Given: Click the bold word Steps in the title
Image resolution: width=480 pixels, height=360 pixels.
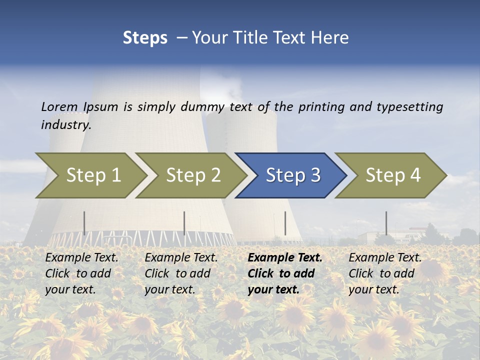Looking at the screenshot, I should [145, 38].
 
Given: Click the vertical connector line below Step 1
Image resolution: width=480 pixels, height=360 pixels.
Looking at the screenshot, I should [84, 223].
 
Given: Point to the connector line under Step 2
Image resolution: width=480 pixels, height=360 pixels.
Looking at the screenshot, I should [184, 223].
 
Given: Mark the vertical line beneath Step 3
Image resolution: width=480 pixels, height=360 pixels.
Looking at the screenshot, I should [285, 223].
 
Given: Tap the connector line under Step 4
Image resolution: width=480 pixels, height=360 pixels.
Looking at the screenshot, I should [386, 223].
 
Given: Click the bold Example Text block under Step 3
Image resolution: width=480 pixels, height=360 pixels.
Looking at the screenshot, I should [285, 273].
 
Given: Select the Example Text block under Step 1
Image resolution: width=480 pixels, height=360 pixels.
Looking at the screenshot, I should [82, 273].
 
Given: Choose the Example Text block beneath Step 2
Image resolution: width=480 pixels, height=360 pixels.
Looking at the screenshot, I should [181, 273].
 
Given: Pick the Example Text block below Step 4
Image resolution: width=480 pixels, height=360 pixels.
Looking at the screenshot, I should [385, 273].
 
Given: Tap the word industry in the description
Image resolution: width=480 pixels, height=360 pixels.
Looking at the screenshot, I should [65, 125].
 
